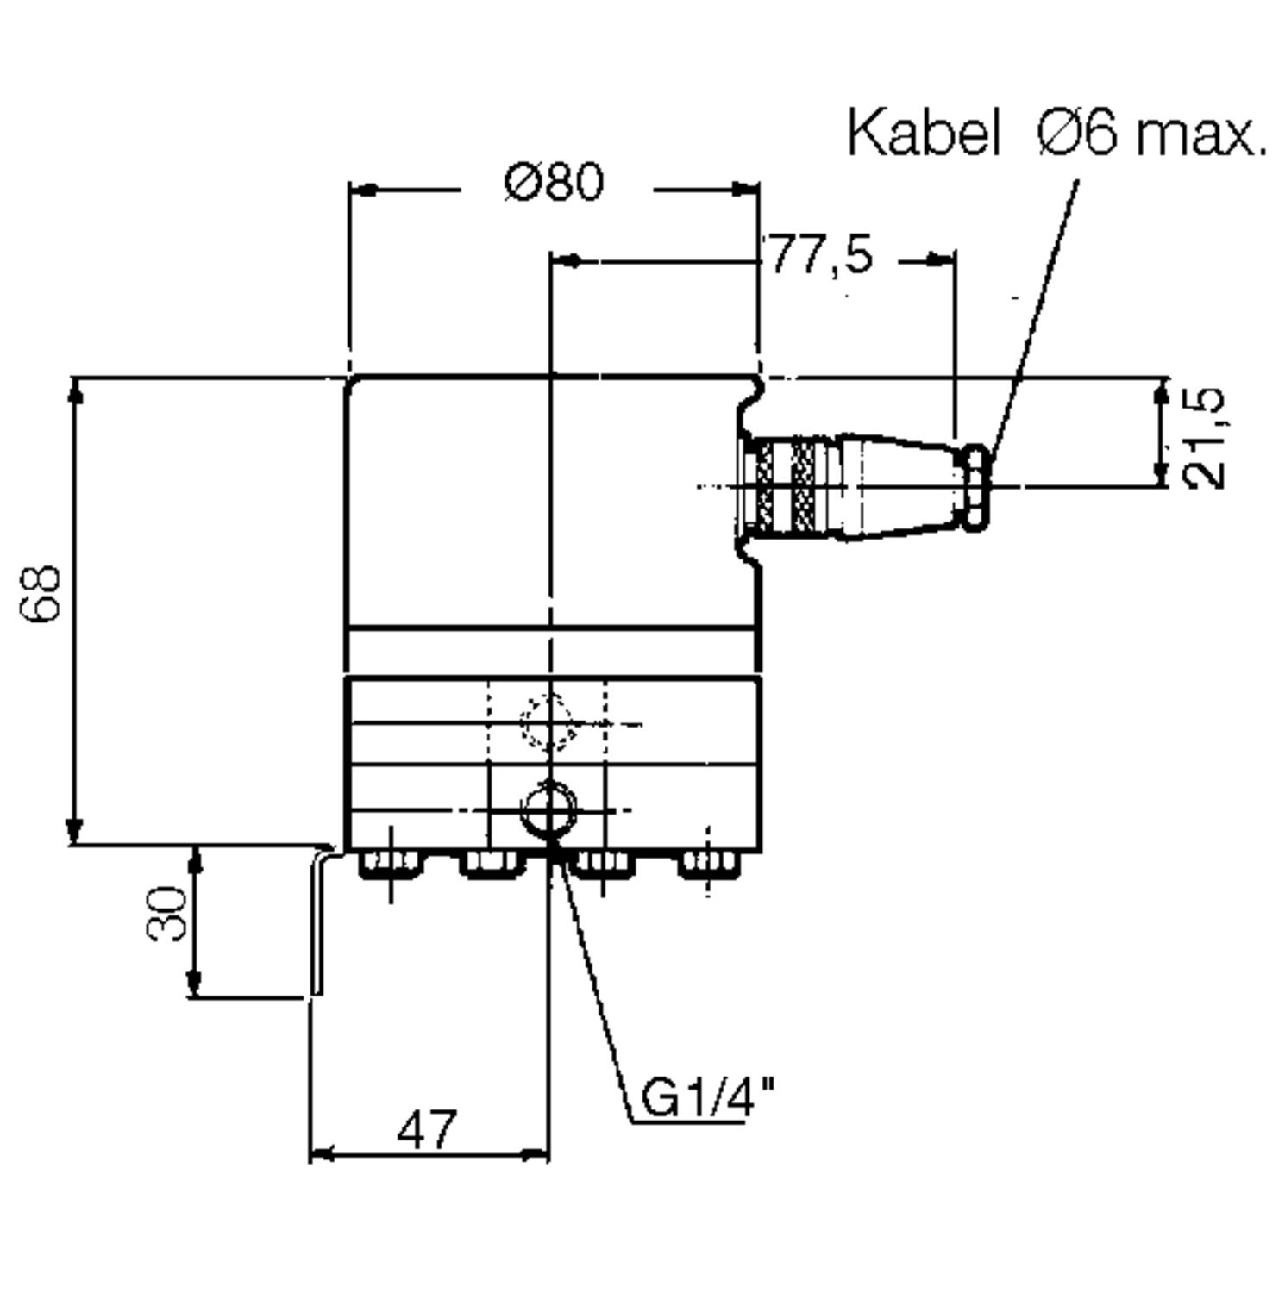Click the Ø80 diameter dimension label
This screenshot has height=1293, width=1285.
[x=555, y=182]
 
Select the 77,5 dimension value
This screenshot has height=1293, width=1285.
[x=820, y=255]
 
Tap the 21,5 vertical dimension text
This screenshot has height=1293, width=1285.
[x=1205, y=438]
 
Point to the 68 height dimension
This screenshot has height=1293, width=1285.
[x=41, y=593]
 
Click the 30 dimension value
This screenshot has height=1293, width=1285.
[x=167, y=913]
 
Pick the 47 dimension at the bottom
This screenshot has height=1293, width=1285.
[x=426, y=1129]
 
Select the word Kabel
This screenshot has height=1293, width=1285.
[x=923, y=134]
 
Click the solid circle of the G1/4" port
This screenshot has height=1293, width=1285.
[x=548, y=809]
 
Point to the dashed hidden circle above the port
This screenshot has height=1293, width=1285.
[x=548, y=723]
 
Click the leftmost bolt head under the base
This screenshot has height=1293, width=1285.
[x=390, y=863]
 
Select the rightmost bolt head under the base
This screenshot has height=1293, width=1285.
[x=709, y=863]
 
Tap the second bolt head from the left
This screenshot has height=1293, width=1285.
[x=490, y=863]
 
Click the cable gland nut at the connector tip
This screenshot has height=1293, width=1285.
[x=977, y=485]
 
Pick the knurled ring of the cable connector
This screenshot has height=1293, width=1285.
[x=802, y=485]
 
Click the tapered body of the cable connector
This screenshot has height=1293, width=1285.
[x=897, y=487]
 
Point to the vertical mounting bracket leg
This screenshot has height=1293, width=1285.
[x=317, y=922]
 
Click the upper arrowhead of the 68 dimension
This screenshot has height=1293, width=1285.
[x=75, y=392]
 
